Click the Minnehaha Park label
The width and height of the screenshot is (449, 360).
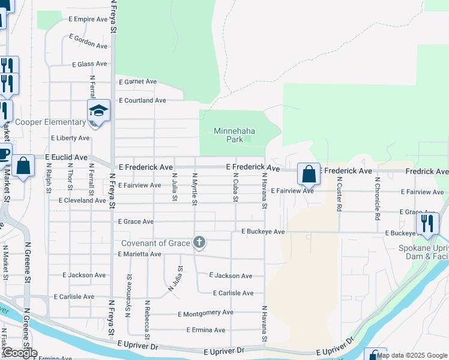coord(229,135)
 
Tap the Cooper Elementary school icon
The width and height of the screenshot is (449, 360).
coord(98,111)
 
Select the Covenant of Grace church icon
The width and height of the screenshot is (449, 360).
coord(199,242)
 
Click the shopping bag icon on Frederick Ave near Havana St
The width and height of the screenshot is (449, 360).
coord(308,174)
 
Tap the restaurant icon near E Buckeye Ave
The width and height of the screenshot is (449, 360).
coord(427,223)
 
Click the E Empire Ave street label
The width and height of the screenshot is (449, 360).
coord(88,19)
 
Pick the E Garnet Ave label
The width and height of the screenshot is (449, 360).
coord(137,82)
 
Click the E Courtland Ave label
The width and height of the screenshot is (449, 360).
coord(142,100)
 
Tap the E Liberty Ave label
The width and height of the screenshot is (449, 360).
coord(70,138)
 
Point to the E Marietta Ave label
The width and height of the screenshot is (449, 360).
coord(139,254)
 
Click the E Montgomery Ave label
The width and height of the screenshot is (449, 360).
coord(205,313)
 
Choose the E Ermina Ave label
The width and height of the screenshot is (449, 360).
coord(205,330)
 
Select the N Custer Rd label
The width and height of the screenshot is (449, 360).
coord(339,194)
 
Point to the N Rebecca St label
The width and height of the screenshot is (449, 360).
coord(147,318)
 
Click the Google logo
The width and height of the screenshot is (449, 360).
coord(20,353)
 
